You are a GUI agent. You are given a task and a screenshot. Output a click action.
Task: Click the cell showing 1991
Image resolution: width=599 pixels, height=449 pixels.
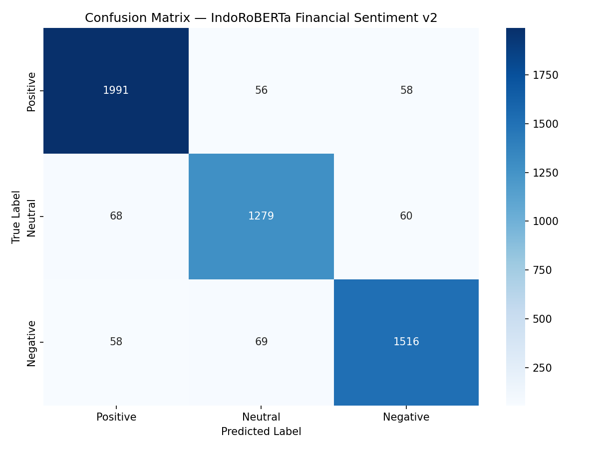116,90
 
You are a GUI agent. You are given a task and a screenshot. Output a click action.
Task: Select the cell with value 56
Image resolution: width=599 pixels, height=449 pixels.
261,90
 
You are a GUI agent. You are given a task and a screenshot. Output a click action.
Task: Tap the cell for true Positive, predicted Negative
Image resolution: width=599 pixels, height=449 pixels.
406,90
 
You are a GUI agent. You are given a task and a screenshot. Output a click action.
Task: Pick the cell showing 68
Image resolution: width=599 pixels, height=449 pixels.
116,216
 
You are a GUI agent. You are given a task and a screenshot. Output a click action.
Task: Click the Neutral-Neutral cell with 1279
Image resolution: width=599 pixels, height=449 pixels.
261,216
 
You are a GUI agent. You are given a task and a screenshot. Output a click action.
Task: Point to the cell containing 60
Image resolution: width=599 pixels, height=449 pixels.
406,216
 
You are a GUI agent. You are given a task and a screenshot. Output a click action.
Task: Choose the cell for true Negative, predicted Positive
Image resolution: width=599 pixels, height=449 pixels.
116,342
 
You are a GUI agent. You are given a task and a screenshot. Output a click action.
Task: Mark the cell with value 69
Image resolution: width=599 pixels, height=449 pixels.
261,342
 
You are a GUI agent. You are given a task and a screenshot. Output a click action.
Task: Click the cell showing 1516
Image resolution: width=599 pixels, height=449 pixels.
406,342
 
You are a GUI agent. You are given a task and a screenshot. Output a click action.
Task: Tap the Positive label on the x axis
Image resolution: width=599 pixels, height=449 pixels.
116,417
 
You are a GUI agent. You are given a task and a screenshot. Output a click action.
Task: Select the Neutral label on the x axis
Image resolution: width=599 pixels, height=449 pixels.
261,417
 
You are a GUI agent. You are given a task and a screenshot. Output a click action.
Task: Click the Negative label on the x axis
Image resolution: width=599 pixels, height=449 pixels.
406,417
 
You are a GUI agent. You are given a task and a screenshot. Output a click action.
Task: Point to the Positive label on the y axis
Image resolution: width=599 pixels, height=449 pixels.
32,91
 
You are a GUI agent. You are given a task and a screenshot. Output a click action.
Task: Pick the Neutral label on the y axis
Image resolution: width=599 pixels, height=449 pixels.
32,218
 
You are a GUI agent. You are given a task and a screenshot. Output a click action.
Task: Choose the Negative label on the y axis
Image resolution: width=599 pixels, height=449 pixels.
32,343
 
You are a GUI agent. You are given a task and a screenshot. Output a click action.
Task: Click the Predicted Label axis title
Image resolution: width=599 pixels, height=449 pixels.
261,432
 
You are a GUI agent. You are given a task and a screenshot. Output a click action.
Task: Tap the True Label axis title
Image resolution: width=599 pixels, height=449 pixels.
16,217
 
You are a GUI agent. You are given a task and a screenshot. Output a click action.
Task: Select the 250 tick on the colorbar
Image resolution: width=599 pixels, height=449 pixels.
542,368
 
